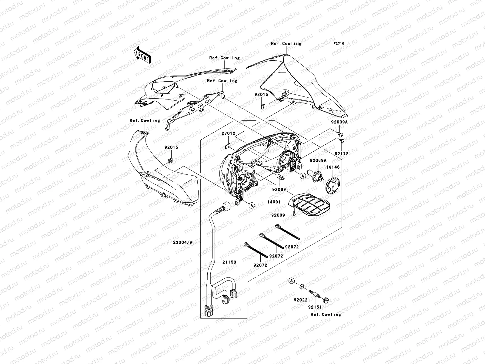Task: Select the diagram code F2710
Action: coord(339,44)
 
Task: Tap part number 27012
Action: coord(228,133)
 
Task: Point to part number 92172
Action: coord(342,154)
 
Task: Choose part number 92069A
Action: coord(318,160)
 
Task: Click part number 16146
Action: coord(333,167)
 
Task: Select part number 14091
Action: coord(274,201)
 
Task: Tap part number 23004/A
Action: coord(182,242)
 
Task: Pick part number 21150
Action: coord(229,262)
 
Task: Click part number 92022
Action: coord(300,300)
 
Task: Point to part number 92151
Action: coord(315,307)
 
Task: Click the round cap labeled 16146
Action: coord(333,184)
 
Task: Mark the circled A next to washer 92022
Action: coord(292,281)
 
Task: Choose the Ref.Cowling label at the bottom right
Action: coord(326,314)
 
